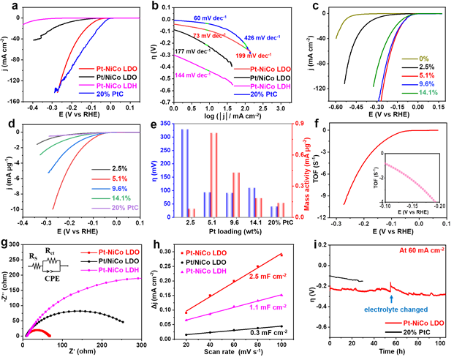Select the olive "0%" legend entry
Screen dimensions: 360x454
[x=424, y=57]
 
